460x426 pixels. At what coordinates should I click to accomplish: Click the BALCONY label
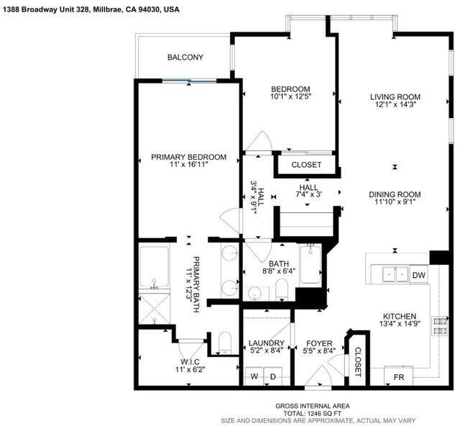185,57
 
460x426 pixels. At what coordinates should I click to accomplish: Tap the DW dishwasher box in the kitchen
418,275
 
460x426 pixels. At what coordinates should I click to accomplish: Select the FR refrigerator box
398,376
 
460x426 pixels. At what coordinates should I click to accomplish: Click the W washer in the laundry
254,376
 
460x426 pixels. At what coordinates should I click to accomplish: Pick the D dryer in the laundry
273,376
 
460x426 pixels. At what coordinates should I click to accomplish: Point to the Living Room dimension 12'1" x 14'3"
395,104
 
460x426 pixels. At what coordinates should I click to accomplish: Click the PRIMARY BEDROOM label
188,157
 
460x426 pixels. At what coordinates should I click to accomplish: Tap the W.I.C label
190,362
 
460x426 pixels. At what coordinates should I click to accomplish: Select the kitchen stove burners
439,326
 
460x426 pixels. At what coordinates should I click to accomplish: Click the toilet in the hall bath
282,289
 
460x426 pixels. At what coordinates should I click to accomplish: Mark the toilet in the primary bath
225,343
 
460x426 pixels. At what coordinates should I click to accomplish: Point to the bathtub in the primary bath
154,266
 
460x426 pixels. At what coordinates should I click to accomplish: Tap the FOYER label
319,343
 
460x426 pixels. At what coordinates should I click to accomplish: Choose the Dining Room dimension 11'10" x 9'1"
395,201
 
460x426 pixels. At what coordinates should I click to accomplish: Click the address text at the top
91,9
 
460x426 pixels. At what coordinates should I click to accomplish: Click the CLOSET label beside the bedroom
306,165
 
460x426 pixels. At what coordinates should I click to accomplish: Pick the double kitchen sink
395,274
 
